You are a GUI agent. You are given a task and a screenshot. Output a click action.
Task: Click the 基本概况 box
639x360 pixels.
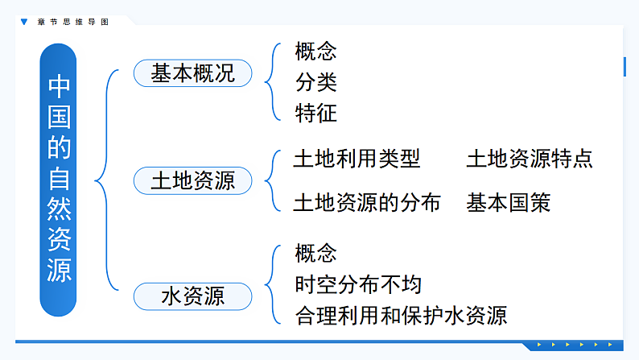tap(192, 74)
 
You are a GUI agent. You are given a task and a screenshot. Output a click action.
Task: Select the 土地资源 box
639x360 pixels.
tap(192, 180)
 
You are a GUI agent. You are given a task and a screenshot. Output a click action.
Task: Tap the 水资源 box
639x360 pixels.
tap(192, 296)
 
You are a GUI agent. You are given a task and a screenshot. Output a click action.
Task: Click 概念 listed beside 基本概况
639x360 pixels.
tap(315, 52)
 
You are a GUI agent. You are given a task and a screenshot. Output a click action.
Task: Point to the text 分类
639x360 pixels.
tap(315, 82)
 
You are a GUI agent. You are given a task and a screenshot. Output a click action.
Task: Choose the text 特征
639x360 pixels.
tap(315, 113)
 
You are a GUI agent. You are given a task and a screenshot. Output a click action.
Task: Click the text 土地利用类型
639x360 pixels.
tap(357, 159)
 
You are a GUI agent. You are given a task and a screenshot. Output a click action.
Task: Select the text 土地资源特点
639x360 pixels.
tap(530, 159)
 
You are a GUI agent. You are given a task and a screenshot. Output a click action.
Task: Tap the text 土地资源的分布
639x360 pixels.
tap(367, 202)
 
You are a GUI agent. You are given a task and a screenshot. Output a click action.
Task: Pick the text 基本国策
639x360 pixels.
tap(509, 202)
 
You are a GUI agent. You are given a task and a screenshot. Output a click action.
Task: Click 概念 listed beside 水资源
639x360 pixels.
tap(315, 254)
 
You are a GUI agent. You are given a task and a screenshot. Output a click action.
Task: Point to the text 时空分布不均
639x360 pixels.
tap(357, 284)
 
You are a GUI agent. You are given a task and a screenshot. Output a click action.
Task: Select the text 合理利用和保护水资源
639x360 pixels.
tap(401, 315)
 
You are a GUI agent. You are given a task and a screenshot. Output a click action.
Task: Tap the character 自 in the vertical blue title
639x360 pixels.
tap(59, 178)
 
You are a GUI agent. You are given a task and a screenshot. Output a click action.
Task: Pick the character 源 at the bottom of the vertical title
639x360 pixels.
tap(59, 271)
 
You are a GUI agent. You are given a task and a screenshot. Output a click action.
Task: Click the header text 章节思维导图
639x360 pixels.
tap(72, 22)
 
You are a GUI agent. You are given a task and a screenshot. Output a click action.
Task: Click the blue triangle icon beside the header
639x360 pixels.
tap(23, 22)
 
